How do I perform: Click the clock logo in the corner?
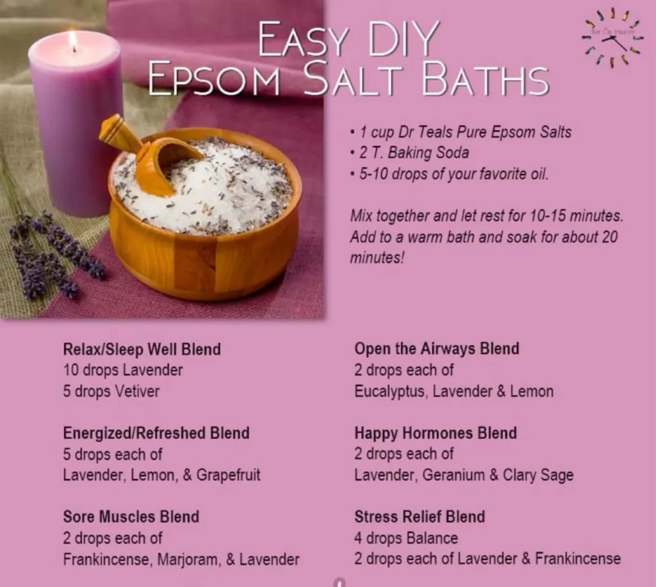pyautogui.click(x=611, y=37)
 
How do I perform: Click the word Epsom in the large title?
pyautogui.click(x=214, y=79)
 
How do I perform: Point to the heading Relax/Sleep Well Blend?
pyautogui.click(x=142, y=350)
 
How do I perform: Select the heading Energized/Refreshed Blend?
pyautogui.click(x=156, y=433)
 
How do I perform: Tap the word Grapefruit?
pyautogui.click(x=228, y=476)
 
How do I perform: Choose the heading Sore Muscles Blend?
pyautogui.click(x=131, y=517)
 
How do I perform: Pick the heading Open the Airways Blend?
pyautogui.click(x=436, y=349)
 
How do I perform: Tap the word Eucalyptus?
pyautogui.click(x=389, y=391)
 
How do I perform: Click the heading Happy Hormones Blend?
pyautogui.click(x=435, y=433)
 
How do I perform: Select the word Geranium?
pyautogui.click(x=451, y=475)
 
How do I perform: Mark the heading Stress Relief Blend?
pyautogui.click(x=419, y=517)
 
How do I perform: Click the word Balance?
pyautogui.click(x=432, y=538)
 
